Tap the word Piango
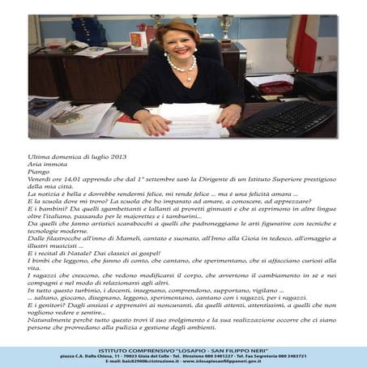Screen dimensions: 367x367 click(39, 171)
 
